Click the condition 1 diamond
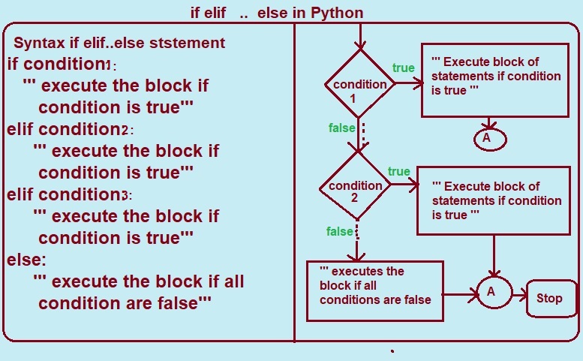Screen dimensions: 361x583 [x=360, y=84]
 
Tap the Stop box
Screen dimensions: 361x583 [x=549, y=298]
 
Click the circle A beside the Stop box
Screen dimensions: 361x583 [x=491, y=292]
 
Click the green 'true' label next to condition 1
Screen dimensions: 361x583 [x=403, y=68]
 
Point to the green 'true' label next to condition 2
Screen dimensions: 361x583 [x=399, y=172]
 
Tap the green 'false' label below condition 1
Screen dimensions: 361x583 [x=342, y=128]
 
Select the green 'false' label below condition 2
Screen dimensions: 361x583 [x=339, y=230]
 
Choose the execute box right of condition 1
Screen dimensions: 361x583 [x=494, y=78]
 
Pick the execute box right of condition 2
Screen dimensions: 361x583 [x=494, y=200]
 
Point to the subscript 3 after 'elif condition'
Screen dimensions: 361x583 [x=125, y=196]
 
